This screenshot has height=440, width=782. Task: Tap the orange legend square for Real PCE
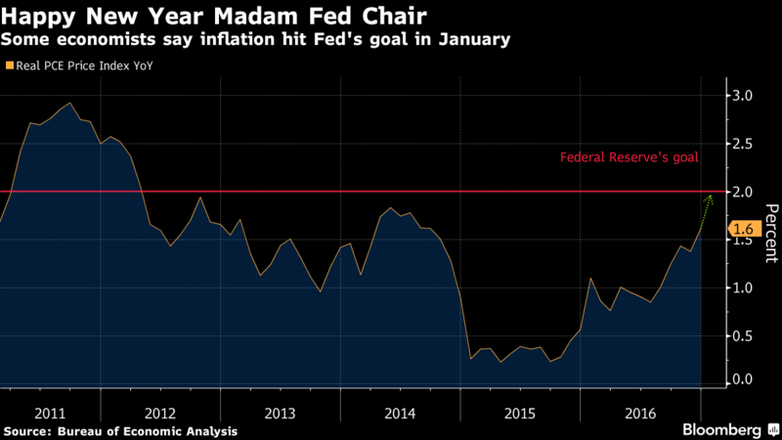pos(9,66)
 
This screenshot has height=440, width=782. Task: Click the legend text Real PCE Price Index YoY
pos(83,66)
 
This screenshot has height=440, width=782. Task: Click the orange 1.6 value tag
pos(741,230)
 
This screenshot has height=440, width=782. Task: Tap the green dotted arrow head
pos(710,198)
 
